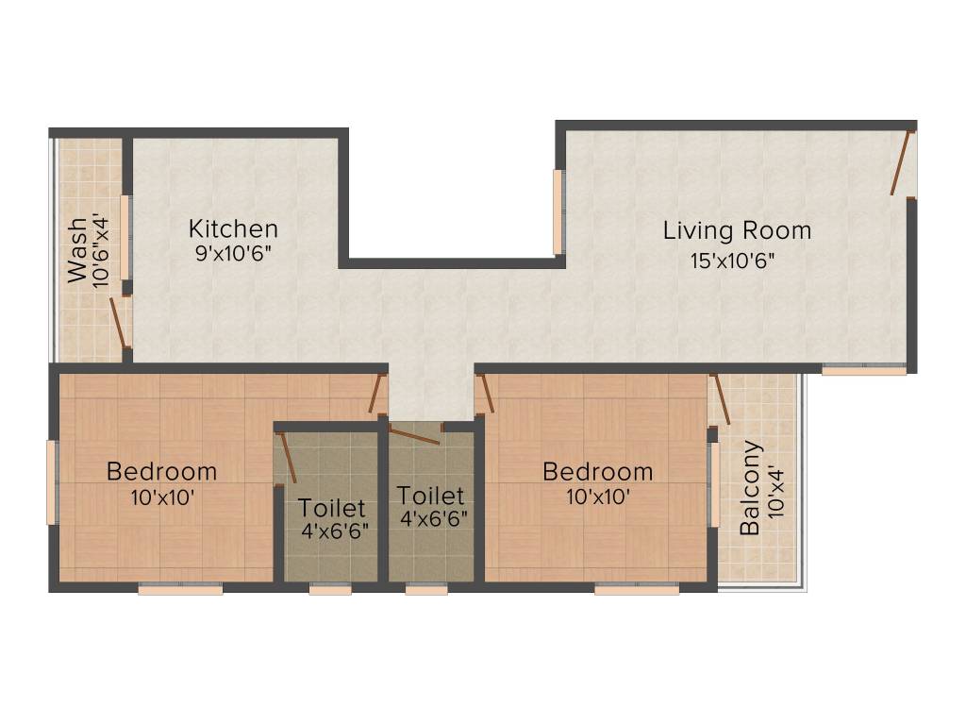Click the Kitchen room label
[233, 228]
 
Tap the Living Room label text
[737, 230]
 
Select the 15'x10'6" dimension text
[732, 261]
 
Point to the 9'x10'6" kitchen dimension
[234, 253]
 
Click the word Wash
[77, 249]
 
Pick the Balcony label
[750, 488]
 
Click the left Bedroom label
[161, 472]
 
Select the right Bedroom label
[597, 472]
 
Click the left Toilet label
[331, 508]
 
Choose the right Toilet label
[430, 496]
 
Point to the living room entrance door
[902, 162]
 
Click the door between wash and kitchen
[118, 323]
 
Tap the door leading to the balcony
[720, 399]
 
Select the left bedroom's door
[377, 394]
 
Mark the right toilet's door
[415, 434]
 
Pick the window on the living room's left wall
[558, 212]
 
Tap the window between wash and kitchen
[125, 238]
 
